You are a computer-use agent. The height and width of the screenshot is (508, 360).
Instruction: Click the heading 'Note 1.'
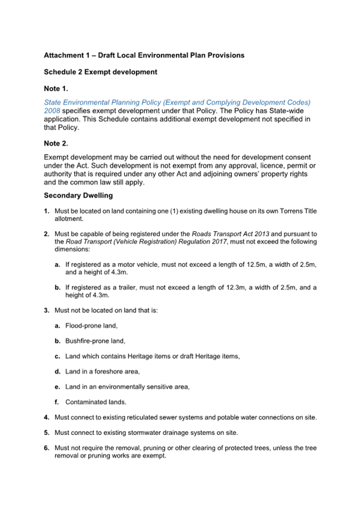(x=55, y=88)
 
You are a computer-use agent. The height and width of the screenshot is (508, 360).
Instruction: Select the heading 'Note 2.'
(x=55, y=143)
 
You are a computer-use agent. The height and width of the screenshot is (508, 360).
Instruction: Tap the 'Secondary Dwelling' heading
(x=78, y=196)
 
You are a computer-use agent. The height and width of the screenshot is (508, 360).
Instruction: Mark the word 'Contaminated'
(x=85, y=402)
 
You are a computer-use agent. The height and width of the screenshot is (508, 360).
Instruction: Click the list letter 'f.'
(x=57, y=402)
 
